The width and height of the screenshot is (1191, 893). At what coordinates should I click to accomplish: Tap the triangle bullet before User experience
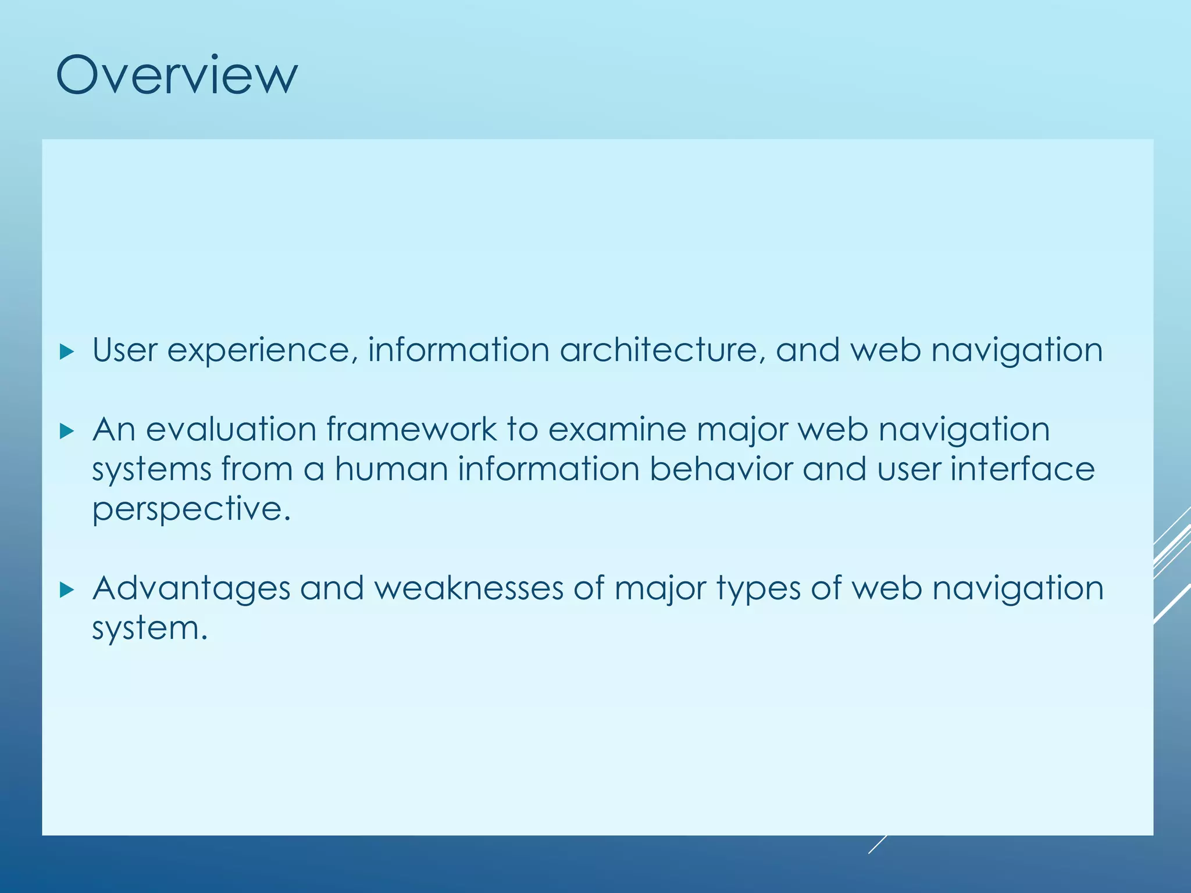pos(67,352)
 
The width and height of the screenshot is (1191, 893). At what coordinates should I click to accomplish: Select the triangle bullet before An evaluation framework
pos(67,431)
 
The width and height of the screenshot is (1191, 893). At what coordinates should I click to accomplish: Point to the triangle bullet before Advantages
pos(67,590)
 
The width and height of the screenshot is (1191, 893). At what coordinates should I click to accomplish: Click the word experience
pos(258,351)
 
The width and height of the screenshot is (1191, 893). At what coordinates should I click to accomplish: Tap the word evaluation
pos(231,430)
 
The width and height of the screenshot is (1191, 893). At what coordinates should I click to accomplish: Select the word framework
pos(411,430)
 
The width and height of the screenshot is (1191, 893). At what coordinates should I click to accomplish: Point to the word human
pos(391,469)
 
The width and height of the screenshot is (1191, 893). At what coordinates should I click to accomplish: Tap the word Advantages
pos(191,589)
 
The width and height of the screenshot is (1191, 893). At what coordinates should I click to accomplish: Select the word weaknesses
pos(469,588)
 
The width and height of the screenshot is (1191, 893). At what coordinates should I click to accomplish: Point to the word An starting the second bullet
pos(114,430)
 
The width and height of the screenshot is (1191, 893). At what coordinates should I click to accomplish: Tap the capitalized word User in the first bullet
pos(125,351)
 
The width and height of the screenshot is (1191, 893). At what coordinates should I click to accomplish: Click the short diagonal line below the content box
pos(878,844)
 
